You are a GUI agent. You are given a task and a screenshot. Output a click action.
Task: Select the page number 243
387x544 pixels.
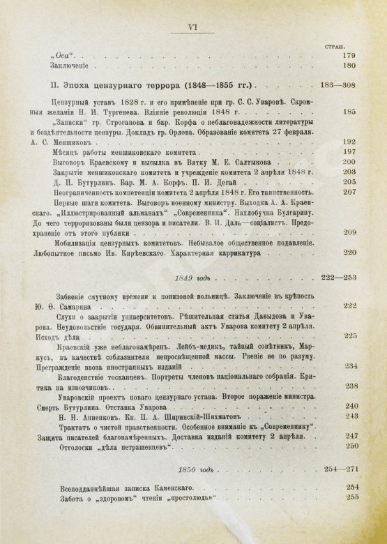pyautogui.click(x=351, y=415)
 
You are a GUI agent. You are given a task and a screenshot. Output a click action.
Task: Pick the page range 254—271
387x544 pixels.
pyautogui.click(x=335, y=470)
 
